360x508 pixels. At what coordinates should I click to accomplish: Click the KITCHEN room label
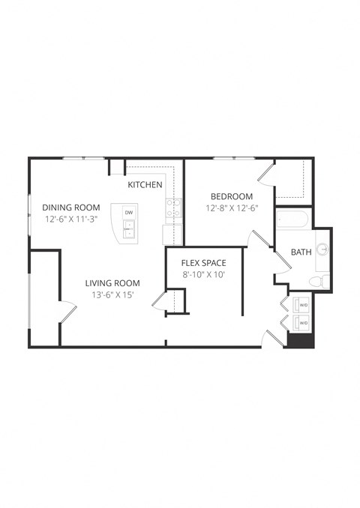click(145, 184)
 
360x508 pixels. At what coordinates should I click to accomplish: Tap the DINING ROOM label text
click(70, 208)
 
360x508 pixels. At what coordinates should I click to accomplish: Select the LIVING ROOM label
click(112, 282)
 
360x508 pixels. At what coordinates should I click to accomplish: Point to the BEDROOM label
click(231, 196)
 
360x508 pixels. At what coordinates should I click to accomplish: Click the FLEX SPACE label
click(203, 263)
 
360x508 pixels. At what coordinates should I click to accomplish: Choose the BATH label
click(301, 253)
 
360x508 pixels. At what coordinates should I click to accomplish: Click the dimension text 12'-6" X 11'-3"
click(70, 220)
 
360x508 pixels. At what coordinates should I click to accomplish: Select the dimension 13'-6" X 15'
click(112, 295)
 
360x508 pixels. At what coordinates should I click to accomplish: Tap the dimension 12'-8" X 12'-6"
click(231, 209)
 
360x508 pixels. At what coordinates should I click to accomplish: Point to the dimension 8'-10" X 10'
click(203, 275)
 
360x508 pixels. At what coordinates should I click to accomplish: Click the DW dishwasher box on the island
click(129, 214)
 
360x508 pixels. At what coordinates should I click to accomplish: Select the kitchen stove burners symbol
click(173, 208)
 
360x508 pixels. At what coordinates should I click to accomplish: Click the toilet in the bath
click(318, 282)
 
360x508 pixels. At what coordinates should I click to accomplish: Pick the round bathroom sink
click(323, 250)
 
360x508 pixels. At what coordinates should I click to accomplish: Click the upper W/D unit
click(304, 305)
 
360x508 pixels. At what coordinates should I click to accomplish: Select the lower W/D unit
click(304, 324)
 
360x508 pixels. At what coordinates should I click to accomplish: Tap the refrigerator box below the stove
click(172, 234)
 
